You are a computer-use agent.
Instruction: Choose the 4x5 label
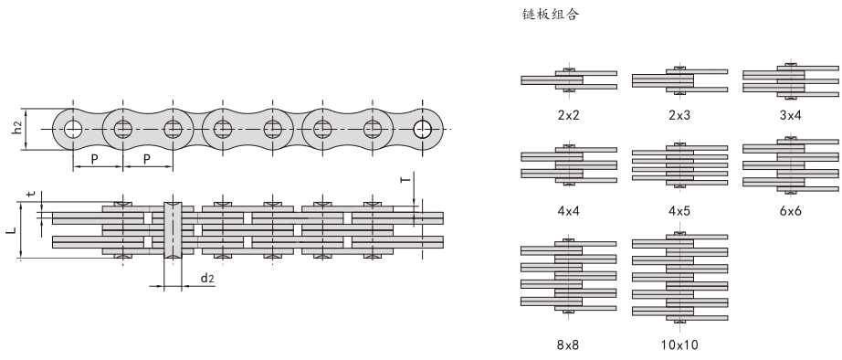pos(679,212)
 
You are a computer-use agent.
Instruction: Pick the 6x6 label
pos(791,212)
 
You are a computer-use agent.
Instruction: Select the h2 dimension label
pos(19,127)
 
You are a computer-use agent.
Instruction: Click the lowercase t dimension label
pos(31,194)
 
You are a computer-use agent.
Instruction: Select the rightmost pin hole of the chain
pos(423,128)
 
